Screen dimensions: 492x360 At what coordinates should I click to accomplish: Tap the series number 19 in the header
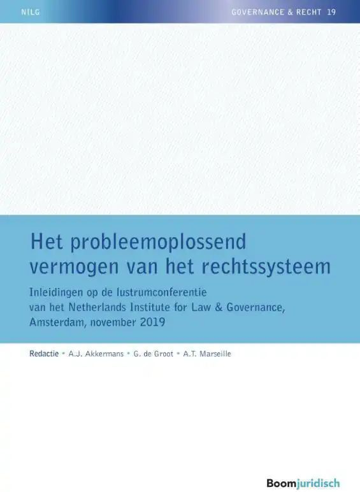pyautogui.click(x=331, y=11)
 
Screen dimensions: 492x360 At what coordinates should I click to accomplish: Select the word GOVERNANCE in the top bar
pyautogui.click(x=256, y=11)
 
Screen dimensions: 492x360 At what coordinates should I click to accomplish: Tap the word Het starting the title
pyautogui.click(x=47, y=243)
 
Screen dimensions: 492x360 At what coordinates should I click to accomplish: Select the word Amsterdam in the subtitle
pyautogui.click(x=59, y=322)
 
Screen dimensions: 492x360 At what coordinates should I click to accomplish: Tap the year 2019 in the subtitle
pyautogui.click(x=153, y=322)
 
